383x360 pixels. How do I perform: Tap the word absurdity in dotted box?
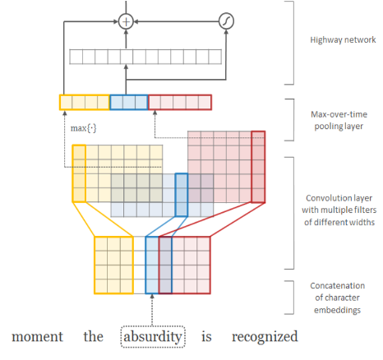point(153,336)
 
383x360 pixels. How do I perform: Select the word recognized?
point(264,336)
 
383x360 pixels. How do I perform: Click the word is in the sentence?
point(208,336)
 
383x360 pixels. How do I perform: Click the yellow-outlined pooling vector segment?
point(84,103)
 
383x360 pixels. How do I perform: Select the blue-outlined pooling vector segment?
point(128,103)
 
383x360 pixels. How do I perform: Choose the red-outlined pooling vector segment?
point(179,103)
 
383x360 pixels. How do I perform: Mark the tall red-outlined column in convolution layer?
point(258,167)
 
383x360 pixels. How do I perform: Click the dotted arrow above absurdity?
point(153,310)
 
